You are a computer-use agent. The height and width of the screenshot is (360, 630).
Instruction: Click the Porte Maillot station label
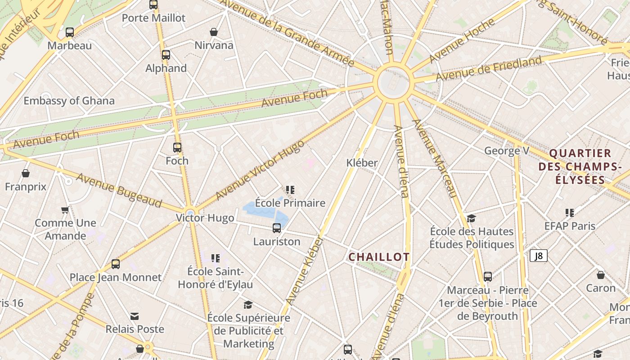point(153,18)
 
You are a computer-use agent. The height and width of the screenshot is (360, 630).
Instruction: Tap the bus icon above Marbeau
point(70,32)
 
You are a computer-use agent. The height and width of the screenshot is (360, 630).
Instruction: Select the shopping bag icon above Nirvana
point(214,32)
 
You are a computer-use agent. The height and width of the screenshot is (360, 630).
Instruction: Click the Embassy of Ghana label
point(69,101)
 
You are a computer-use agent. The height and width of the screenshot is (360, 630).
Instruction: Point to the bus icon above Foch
point(177,147)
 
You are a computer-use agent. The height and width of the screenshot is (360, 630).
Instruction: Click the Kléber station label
point(362,163)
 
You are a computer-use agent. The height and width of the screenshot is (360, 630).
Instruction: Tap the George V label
point(507,151)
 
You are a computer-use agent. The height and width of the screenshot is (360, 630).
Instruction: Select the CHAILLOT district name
point(379,257)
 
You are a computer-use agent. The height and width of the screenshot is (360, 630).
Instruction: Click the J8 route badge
point(538,256)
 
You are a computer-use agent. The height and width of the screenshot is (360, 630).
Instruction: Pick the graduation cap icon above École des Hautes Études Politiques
point(471,218)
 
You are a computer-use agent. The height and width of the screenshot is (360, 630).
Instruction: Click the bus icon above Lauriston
point(277,228)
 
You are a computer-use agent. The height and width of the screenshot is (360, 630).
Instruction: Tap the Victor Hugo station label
point(205,218)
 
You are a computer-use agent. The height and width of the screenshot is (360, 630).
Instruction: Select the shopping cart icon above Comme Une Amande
point(65,210)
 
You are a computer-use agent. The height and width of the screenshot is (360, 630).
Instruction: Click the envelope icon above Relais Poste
point(135,316)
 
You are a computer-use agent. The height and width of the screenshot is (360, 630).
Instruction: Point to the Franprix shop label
point(26,186)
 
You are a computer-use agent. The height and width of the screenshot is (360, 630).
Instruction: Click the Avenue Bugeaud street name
point(119,190)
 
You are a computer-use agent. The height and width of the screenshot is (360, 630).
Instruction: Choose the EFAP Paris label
point(570,226)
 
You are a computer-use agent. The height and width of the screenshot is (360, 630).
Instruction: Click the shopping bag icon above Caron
point(601,275)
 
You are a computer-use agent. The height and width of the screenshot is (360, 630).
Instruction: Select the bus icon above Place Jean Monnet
point(116,264)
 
